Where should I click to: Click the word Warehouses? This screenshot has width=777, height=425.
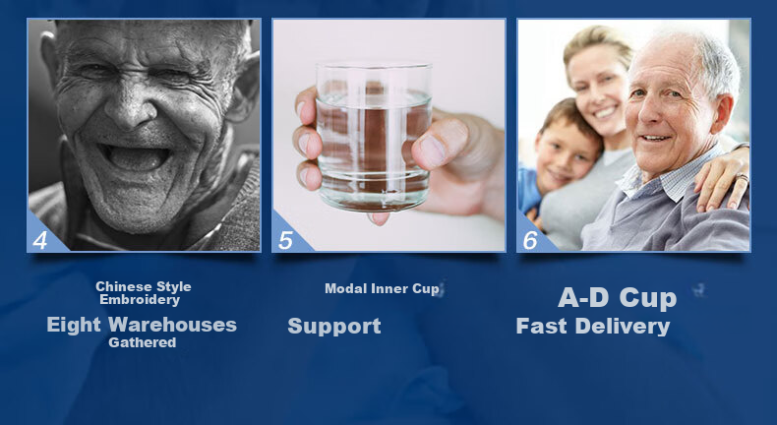pos(172,325)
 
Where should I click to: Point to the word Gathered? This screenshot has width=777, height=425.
pos(143,342)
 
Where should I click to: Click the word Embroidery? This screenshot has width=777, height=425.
pos(140,300)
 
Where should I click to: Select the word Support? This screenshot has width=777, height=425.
pos(334,327)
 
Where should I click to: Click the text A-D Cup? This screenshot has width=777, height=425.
pos(617,298)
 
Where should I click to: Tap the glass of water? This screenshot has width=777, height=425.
pos(373,137)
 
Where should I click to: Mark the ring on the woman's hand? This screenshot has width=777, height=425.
pos(742,177)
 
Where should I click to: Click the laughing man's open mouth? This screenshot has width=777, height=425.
pos(134,156)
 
